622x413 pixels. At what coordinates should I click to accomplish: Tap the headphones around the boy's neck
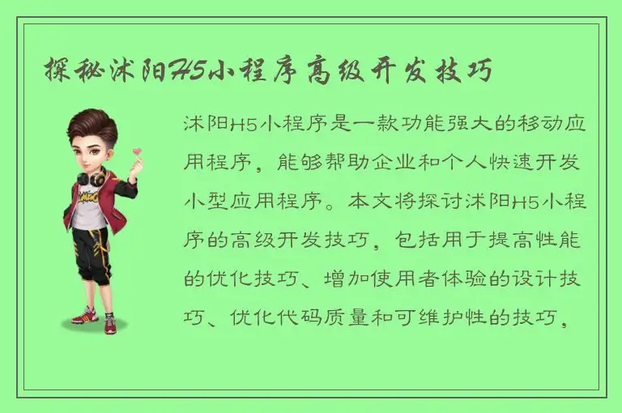pos(90,176)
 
